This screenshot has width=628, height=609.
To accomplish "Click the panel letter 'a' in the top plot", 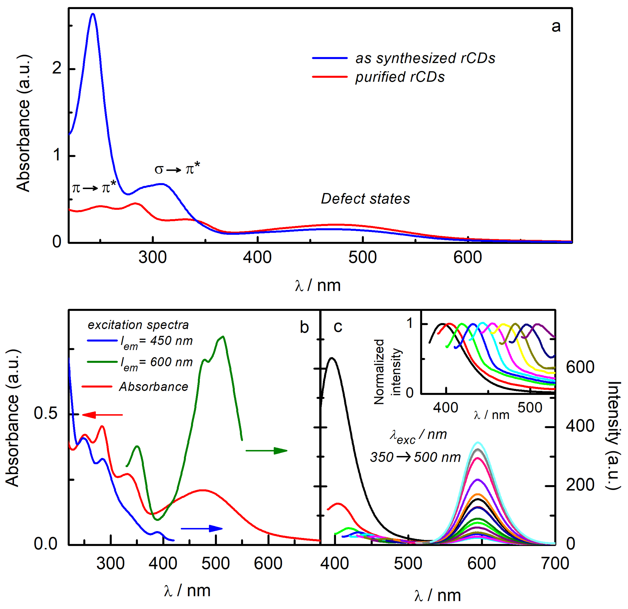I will coord(556,27).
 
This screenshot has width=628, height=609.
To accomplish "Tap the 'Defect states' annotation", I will coord(365,199).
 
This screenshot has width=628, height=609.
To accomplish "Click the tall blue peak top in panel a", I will coord(93,14).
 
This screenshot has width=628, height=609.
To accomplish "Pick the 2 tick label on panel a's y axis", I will coord(57,68).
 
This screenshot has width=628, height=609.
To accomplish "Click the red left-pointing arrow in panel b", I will coord(102,415).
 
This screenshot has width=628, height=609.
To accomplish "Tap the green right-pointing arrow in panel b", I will coord(267,451).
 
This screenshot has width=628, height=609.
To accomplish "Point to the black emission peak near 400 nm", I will coord(332,358).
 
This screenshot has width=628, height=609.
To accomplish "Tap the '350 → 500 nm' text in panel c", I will coord(415,457).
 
